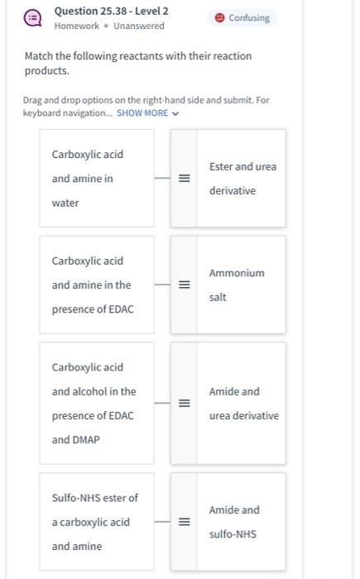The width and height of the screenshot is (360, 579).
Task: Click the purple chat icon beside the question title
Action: [x=32, y=17]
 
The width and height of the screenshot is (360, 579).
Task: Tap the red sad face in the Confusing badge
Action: [x=219, y=17]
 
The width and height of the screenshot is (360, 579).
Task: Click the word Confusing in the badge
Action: [x=249, y=17]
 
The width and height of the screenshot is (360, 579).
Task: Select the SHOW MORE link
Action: [x=142, y=113]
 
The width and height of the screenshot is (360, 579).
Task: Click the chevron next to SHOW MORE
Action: [x=175, y=114]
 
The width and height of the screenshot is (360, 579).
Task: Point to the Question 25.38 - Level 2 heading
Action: [x=111, y=11]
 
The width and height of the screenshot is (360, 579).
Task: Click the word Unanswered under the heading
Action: [x=139, y=26]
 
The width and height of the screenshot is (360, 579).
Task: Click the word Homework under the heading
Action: [x=76, y=26]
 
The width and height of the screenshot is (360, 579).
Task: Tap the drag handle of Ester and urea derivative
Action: [x=185, y=179]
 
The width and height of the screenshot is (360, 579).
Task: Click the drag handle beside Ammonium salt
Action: [x=185, y=285]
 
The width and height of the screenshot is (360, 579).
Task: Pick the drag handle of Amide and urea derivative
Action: [x=185, y=403]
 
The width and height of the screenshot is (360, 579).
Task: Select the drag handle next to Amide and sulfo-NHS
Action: [x=185, y=522]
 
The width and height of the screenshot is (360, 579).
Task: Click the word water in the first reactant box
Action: [x=65, y=203]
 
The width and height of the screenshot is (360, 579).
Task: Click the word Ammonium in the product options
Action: [x=237, y=273]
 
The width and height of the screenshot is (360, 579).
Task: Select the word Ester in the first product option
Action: [x=221, y=166]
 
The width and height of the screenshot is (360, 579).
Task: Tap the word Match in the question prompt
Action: [x=39, y=56]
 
